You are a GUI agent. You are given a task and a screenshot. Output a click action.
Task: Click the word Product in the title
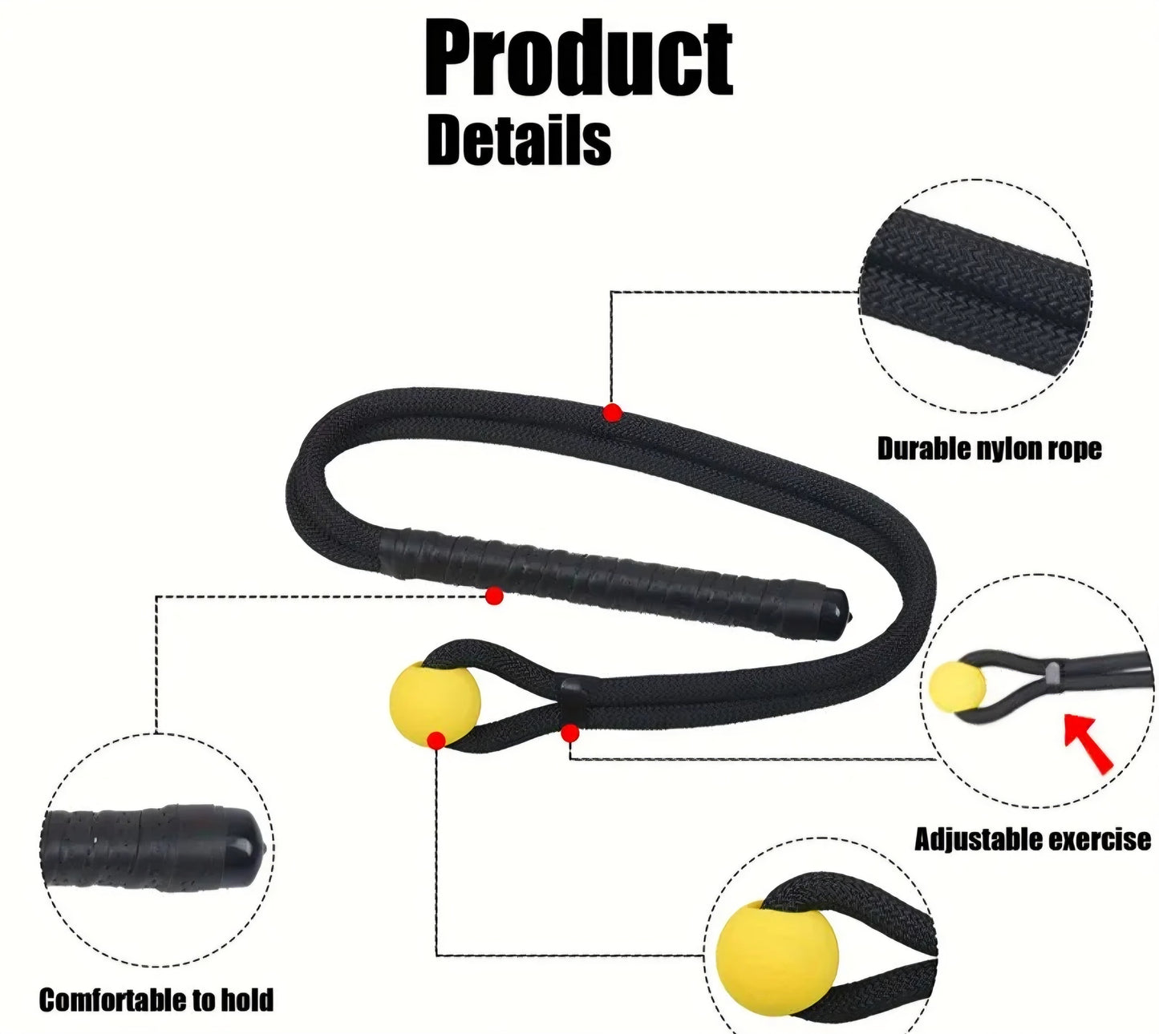click(577, 59)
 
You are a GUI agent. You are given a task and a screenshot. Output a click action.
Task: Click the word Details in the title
click(519, 140)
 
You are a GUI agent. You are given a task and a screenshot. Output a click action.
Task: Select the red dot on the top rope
click(612, 412)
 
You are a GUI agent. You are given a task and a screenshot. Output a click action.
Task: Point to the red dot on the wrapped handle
click(494, 596)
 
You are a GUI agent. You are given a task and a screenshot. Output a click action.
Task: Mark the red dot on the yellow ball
click(436, 741)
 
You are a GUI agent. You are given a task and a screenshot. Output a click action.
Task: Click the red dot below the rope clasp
click(569, 733)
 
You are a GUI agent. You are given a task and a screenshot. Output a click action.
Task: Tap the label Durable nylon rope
click(989, 449)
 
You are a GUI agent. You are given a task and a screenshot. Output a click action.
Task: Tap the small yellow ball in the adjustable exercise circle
click(957, 686)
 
